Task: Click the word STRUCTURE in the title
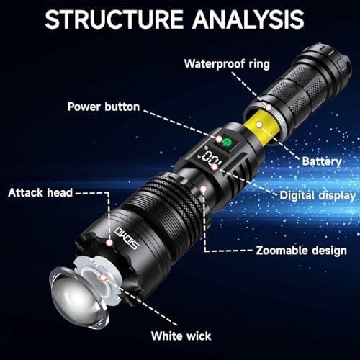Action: coord(114,19)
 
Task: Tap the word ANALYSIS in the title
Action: coord(248,19)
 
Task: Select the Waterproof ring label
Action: coord(227,64)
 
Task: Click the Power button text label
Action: coord(104,107)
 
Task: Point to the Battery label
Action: coord(322,161)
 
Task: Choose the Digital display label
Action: coord(318,196)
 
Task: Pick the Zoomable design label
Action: coord(302,251)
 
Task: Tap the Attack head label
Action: coord(40,193)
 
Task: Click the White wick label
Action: coord(181,336)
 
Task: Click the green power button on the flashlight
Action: coord(226,143)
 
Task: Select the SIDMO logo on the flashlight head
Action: coord(127,238)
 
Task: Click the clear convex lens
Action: coord(78,297)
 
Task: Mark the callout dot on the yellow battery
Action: coord(259,125)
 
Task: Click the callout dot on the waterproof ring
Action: coord(269,107)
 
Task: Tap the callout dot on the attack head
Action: coord(109,243)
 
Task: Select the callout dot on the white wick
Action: coord(103,278)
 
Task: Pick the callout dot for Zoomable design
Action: coord(204,189)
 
